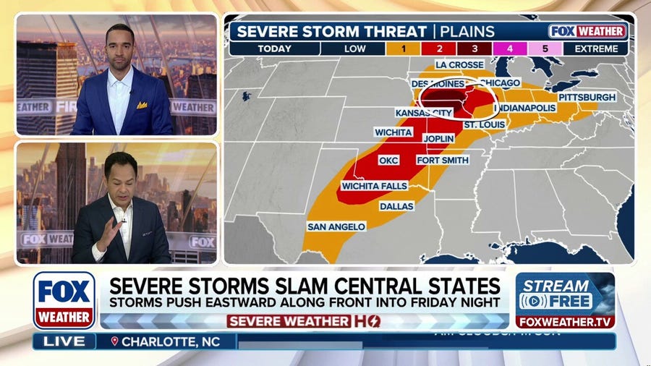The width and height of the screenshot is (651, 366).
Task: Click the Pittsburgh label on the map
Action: (587, 97)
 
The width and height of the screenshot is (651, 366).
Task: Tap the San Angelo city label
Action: (336, 226)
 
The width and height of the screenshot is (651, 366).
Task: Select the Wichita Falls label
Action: (374, 186)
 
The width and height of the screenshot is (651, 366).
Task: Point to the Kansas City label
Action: (424, 113)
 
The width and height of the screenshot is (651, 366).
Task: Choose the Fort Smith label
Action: (443, 160)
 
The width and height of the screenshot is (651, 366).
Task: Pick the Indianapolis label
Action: (524, 108)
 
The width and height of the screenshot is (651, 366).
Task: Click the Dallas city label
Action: (396, 206)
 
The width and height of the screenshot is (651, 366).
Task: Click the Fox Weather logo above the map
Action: (587, 31)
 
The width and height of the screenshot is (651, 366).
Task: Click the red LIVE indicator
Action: (64, 341)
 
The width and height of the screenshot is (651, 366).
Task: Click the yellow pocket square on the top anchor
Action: (142, 105)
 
